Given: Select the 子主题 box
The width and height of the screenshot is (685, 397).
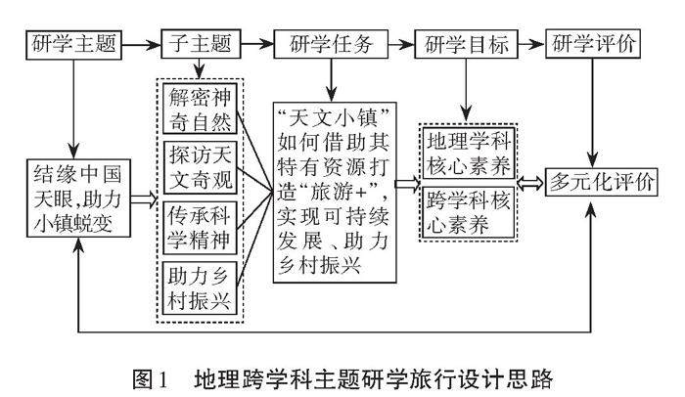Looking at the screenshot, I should [x=200, y=44].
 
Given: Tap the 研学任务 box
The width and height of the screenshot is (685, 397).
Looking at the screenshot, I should [x=332, y=44].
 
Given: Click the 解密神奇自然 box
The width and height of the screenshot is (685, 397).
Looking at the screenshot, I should [x=200, y=113].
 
